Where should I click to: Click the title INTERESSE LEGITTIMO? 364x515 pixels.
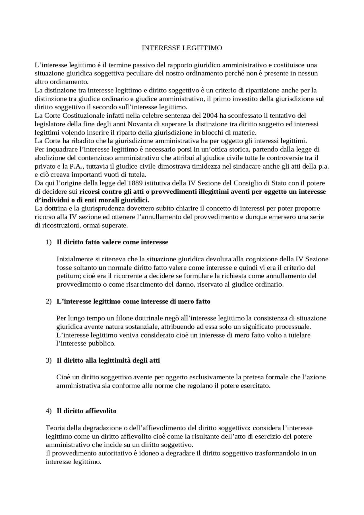[x=182, y=48]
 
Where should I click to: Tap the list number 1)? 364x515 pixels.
[x=49, y=242]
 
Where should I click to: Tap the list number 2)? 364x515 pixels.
[x=49, y=301]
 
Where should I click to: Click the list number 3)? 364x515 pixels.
[x=49, y=361]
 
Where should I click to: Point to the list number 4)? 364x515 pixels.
[x=49, y=411]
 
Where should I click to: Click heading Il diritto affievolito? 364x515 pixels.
[x=86, y=411]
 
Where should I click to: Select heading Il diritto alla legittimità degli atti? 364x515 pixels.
[x=108, y=361]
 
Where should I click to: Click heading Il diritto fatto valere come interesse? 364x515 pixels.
[x=112, y=242]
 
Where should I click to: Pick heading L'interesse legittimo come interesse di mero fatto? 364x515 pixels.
[x=133, y=301]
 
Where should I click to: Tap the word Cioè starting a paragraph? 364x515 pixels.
[x=63, y=377]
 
